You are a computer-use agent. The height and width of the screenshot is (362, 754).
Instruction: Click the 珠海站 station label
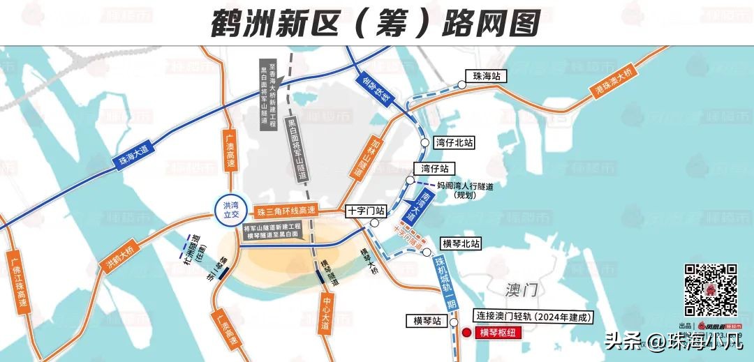tap(487, 76)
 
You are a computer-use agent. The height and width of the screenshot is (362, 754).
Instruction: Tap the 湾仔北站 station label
tap(454, 142)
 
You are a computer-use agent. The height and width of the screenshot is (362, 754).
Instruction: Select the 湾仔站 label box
tap(435, 169)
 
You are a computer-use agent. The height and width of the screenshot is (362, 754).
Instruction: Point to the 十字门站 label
tap(366, 210)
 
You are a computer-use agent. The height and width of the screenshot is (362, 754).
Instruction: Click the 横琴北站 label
tap(461, 244)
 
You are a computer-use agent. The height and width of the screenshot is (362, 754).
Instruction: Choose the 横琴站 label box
tap(427, 321)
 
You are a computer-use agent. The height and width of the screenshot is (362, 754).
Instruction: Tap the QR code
tap(710, 291)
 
